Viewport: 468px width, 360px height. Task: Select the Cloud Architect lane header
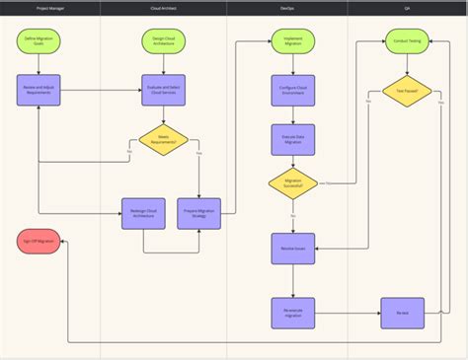coord(164,8)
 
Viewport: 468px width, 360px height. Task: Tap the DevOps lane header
coord(286,8)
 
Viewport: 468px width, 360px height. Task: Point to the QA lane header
coord(407,8)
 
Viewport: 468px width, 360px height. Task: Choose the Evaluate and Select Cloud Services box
coord(164,90)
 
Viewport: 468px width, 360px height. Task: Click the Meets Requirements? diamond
coord(164,139)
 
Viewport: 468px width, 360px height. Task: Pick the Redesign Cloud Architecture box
coord(143,214)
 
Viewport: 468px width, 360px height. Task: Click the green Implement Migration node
coord(293,42)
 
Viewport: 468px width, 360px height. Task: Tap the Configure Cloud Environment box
coord(293,90)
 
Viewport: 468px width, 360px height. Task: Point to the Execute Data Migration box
coord(293,139)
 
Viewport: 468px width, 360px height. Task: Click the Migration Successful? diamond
coord(293,183)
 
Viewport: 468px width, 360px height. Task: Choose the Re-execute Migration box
coord(293,314)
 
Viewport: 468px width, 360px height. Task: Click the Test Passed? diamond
coord(407,91)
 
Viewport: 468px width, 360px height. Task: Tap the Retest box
coord(403,314)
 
